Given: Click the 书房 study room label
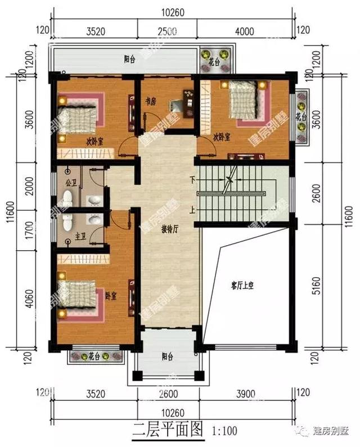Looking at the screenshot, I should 150,101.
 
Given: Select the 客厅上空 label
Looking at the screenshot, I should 242,286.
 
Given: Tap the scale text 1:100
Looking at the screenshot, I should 226,431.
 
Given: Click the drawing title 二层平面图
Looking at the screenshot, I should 168,430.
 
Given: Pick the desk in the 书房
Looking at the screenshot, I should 183,105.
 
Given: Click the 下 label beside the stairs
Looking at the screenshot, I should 193,180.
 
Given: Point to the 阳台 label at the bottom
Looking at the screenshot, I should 167,356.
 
